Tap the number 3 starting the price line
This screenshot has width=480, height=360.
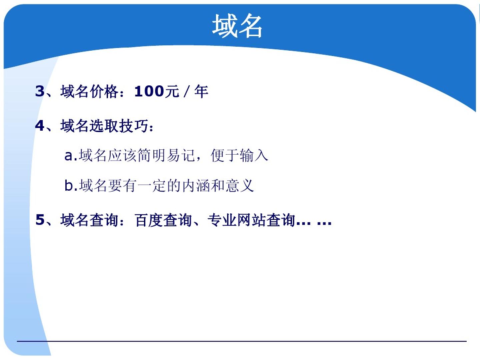pos(40,91)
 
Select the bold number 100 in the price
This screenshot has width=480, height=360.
pos(149,91)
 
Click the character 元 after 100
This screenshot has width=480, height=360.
pos(172,91)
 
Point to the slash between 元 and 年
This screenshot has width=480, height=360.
pos(186,91)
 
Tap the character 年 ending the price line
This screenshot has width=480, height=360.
pos(201,91)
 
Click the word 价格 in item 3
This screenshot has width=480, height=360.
pos(104,91)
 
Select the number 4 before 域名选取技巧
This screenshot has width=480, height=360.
pos(40,126)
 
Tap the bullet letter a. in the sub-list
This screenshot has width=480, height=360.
pos(71,156)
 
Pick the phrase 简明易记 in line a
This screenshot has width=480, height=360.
pos(166,155)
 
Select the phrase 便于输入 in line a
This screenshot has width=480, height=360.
pos(239,155)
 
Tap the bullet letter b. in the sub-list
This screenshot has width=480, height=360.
pos(71,185)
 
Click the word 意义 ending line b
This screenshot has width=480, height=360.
pos(240,186)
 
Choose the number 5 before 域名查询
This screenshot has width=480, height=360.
pos(40,219)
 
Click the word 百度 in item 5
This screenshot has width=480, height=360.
pos(149,220)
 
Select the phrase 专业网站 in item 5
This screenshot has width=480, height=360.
pos(237,220)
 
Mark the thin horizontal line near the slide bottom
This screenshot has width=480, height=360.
pos(242,341)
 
